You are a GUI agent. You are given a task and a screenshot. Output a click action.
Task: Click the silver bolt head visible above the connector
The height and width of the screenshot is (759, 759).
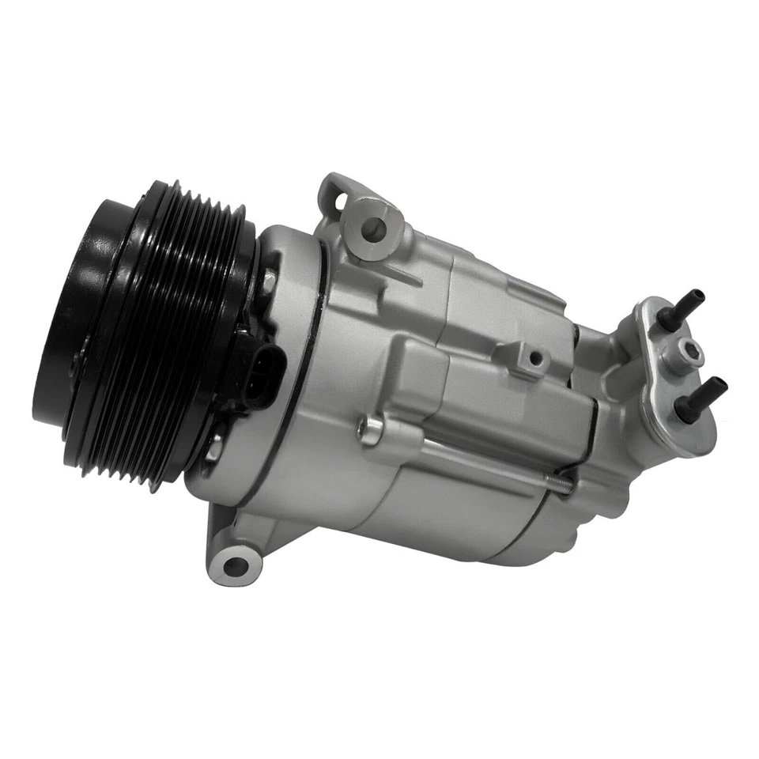tap(270, 281)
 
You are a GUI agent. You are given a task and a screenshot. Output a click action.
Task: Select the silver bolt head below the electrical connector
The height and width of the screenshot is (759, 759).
tap(214, 447)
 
